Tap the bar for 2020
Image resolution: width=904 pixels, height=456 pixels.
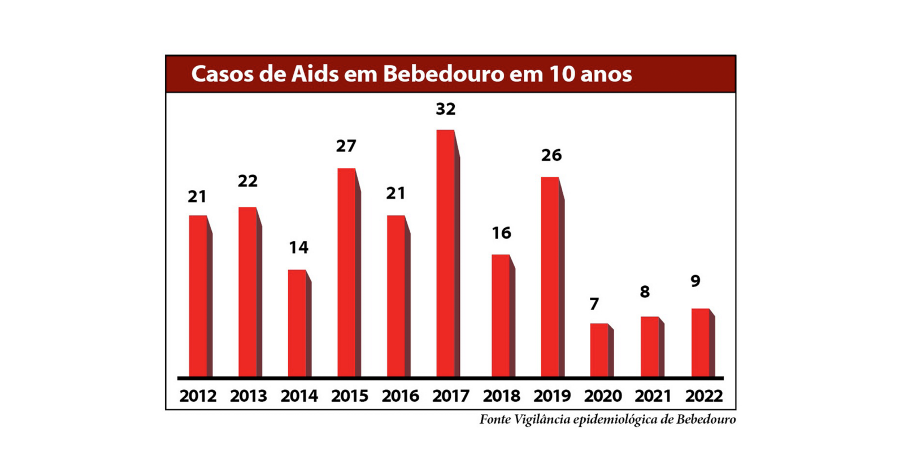tap(599, 350)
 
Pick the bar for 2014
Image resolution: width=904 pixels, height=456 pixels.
tap(297, 323)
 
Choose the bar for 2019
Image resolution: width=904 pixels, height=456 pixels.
tap(550, 276)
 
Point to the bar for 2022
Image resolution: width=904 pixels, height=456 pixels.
tap(701, 342)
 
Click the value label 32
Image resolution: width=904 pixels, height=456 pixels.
tap(445, 109)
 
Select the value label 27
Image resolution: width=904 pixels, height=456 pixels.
tap(346, 146)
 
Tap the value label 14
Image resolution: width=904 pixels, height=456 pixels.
tap(298, 247)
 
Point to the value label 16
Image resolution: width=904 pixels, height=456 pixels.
tap(501, 233)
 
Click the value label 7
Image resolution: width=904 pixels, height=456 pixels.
tap(594, 305)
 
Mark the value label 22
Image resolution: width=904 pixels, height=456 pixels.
tap(247, 181)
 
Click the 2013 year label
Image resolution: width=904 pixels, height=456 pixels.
tap(249, 396)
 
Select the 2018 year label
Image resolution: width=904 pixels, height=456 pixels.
tap(501, 396)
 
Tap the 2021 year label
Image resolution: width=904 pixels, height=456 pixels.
tap(653, 396)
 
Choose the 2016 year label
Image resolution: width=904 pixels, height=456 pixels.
tap(400, 396)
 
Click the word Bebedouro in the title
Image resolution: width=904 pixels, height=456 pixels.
tap(444, 74)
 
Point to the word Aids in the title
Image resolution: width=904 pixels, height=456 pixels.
tap(315, 74)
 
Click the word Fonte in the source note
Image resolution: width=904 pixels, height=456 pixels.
tap(495, 420)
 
